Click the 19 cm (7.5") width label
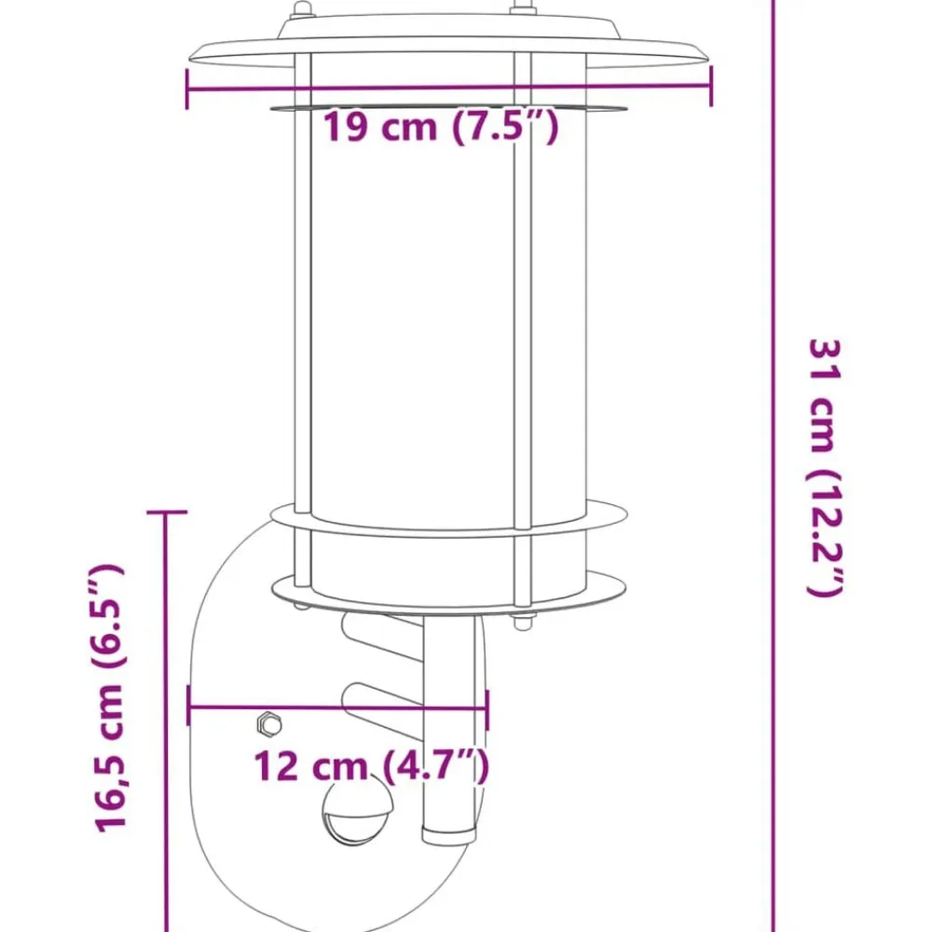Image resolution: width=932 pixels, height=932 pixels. click(x=441, y=126)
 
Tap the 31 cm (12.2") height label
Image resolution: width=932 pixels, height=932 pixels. click(x=826, y=467)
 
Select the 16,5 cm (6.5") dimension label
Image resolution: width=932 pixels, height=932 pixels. click(x=109, y=698)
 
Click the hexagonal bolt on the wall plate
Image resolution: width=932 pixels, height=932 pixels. click(x=268, y=723)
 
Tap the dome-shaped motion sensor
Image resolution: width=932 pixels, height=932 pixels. click(x=358, y=815)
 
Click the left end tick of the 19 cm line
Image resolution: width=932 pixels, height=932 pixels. click(x=187, y=89)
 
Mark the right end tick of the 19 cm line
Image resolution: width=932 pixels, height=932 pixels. click(x=711, y=85)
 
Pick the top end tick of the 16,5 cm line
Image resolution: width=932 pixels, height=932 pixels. click(x=167, y=511)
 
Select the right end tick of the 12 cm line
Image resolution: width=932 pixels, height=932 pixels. click(x=487, y=709)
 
